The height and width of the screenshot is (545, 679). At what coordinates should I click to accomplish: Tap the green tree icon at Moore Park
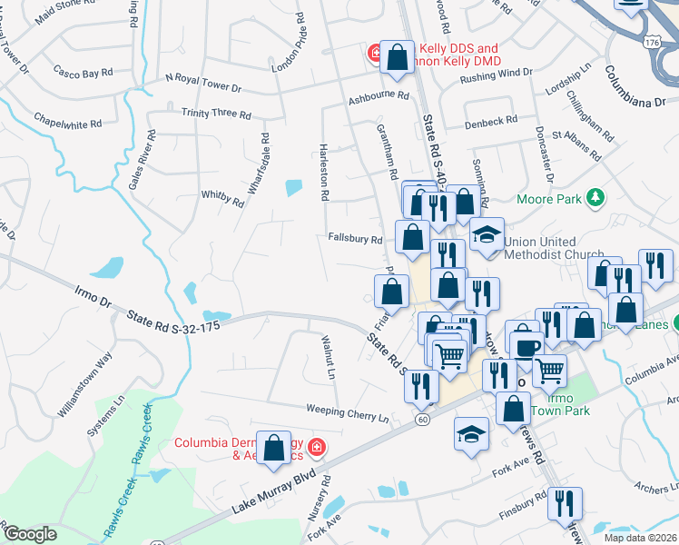point(595,196)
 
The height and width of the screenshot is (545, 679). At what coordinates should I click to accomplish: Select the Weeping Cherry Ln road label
point(334,412)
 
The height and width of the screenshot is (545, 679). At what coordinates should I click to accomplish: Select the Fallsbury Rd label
point(355,239)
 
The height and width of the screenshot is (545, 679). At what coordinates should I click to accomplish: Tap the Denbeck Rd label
point(490,120)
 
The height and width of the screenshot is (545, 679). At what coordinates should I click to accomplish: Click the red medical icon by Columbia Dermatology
point(316,447)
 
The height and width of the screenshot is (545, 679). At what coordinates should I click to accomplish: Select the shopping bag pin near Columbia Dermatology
point(274,447)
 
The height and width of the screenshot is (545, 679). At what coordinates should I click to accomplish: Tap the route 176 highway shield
point(651,42)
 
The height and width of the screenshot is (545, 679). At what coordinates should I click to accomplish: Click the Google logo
point(30,534)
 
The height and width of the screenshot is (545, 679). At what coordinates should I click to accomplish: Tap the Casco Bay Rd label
point(82,71)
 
